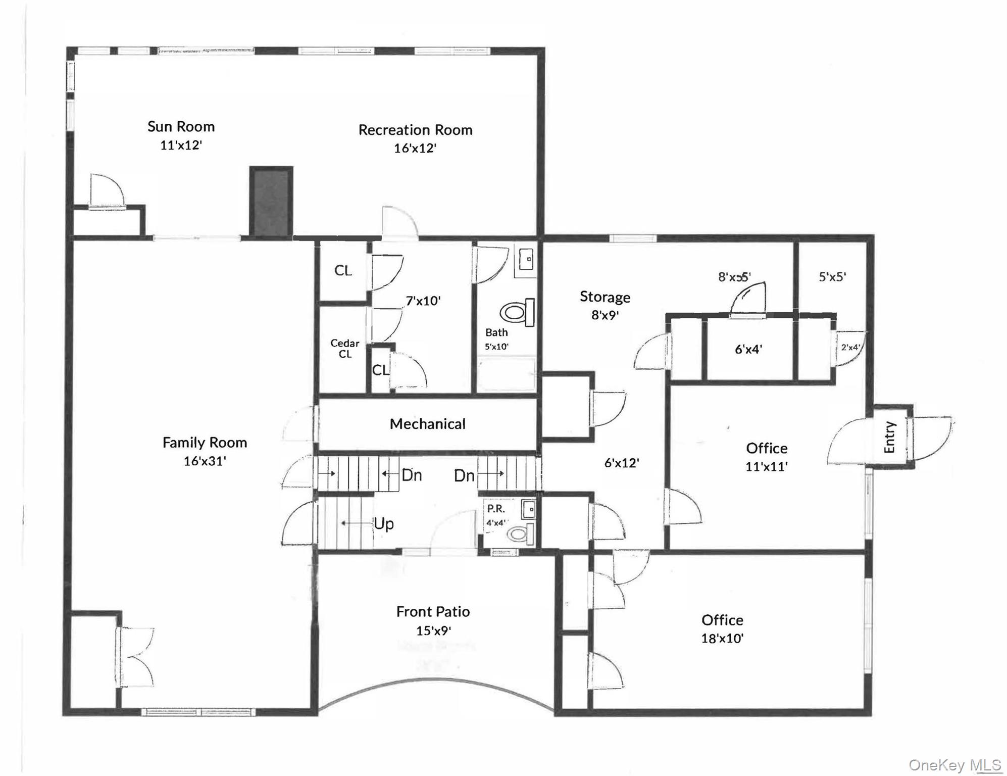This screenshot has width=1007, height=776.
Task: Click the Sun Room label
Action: tap(181, 126)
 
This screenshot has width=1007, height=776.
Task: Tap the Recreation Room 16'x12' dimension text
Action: tap(415, 148)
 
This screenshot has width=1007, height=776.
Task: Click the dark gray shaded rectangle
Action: tap(271, 202)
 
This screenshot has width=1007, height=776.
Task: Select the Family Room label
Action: tap(205, 443)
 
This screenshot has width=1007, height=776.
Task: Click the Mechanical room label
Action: tap(427, 424)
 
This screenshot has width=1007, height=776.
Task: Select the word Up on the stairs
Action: tap(383, 524)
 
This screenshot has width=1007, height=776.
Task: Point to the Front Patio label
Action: tap(433, 612)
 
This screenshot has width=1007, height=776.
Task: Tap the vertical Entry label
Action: tap(889, 437)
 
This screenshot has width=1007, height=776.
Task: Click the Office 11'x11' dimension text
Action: tap(766, 466)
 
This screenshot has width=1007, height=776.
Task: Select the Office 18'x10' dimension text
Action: tap(722, 638)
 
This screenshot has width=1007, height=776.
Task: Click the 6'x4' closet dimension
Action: tap(748, 349)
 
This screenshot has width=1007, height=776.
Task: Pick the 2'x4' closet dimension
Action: tap(850, 347)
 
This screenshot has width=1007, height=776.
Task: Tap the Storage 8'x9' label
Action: tap(605, 297)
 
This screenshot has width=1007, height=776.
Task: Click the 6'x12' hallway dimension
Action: tap(622, 463)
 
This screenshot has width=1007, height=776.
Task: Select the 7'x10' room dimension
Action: tap(423, 301)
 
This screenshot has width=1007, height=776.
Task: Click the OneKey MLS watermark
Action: tap(954, 765)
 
